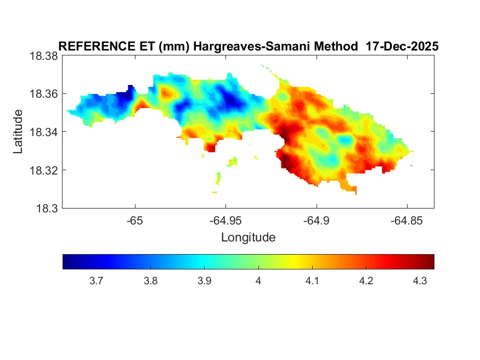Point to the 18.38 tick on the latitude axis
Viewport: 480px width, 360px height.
pyautogui.click(x=43, y=56)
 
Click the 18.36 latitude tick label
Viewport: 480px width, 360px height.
pyautogui.click(x=43, y=94)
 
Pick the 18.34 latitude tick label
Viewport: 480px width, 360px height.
pyautogui.click(x=43, y=132)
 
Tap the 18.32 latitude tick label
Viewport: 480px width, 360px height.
pyautogui.click(x=43, y=170)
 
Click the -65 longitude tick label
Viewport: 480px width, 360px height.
pyautogui.click(x=135, y=221)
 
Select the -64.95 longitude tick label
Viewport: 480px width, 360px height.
pyautogui.click(x=225, y=221)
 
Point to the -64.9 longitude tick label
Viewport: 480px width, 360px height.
pyautogui.click(x=316, y=221)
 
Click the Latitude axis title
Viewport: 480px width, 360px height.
pyautogui.click(x=19, y=132)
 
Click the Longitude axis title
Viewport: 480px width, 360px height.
pyautogui.click(x=248, y=238)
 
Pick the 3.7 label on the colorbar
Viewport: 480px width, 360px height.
pyautogui.click(x=96, y=281)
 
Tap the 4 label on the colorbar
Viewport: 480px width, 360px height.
pyautogui.click(x=258, y=281)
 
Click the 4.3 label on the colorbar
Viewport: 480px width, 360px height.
pyautogui.click(x=420, y=281)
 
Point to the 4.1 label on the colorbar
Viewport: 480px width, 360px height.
pyautogui.click(x=312, y=281)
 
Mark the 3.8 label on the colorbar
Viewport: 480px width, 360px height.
pyautogui.click(x=150, y=281)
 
